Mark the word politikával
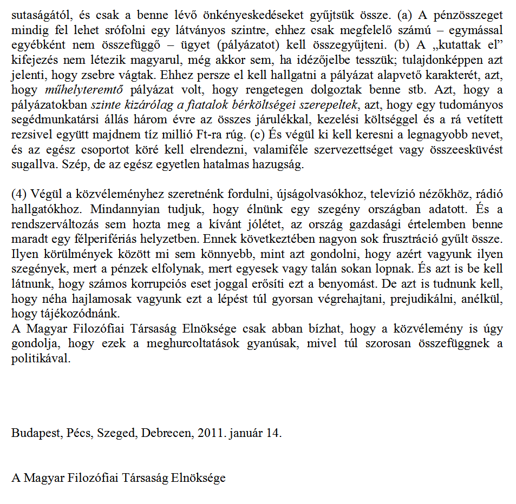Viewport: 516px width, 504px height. (41, 357)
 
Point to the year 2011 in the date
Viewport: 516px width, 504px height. (210, 434)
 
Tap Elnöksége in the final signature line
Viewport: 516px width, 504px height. (198, 479)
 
